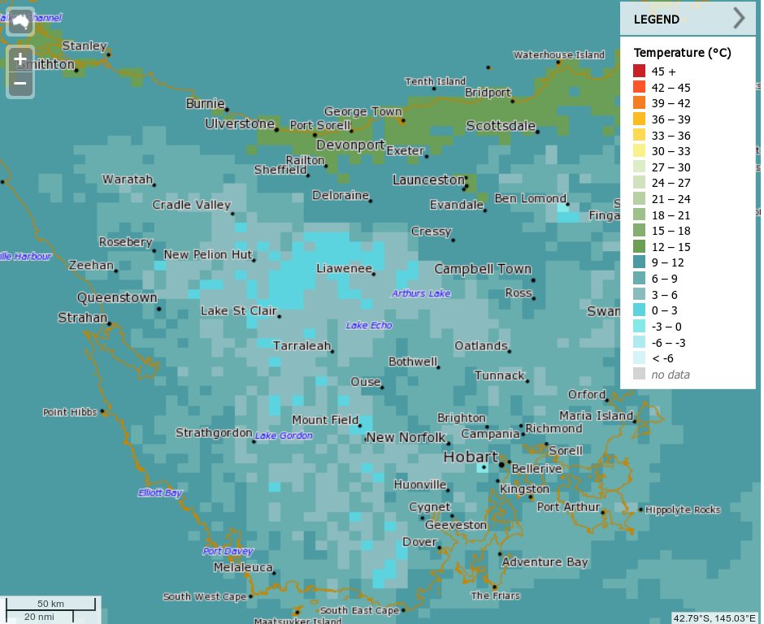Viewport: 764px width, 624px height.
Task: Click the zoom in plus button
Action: click(x=20, y=59)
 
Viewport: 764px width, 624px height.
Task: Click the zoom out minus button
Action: click(x=20, y=83)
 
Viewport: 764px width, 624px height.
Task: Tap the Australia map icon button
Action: click(x=20, y=22)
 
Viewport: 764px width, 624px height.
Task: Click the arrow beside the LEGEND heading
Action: click(x=738, y=19)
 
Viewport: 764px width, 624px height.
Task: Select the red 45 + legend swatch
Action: click(x=640, y=71)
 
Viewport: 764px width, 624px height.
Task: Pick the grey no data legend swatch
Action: click(x=640, y=374)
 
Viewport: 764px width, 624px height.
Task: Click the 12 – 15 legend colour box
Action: click(x=640, y=246)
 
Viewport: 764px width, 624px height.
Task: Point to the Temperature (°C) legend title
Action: click(x=682, y=53)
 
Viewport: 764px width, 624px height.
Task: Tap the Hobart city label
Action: click(x=470, y=457)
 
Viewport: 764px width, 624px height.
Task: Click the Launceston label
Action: click(x=428, y=180)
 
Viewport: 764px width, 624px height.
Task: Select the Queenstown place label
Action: click(x=117, y=298)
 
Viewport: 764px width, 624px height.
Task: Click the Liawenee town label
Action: click(x=344, y=268)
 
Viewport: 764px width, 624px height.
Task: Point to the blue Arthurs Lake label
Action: click(x=420, y=293)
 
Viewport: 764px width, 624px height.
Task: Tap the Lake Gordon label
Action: click(x=284, y=436)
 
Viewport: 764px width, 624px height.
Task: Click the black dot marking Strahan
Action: click(x=110, y=324)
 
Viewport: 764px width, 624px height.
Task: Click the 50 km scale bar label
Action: click(x=50, y=604)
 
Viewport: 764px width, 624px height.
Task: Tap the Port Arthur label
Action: click(x=568, y=507)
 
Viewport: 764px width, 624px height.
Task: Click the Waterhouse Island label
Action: click(x=558, y=55)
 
